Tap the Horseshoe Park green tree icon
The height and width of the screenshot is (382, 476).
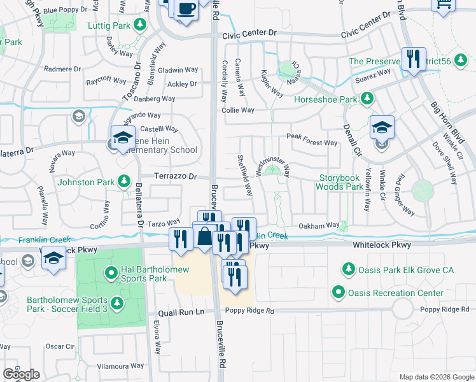tap(367, 99)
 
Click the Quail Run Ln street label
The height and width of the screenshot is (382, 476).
tap(181, 312)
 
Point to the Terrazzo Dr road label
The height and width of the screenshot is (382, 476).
tap(174, 176)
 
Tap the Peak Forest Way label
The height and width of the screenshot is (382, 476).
tap(312, 143)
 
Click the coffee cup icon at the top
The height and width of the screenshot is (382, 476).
tap(186, 10)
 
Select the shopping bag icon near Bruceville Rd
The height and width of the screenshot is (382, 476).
tap(204, 237)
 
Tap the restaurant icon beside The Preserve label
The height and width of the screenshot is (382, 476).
tap(414, 61)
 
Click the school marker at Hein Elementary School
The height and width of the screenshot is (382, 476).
tap(122, 138)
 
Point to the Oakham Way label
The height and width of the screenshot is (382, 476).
tap(319, 225)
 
